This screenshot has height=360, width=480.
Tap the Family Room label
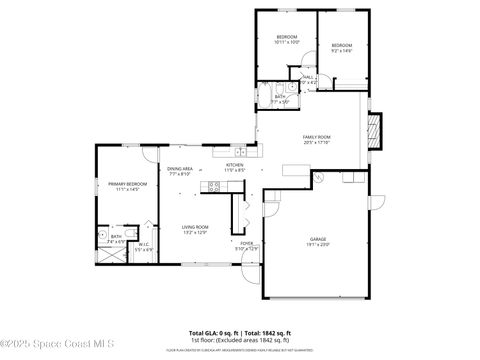pyautogui.click(x=317, y=139)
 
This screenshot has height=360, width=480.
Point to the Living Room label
pyautogui.click(x=194, y=229)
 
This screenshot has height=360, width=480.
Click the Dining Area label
pyautogui.click(x=180, y=171)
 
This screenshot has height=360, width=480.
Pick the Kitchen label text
pyautogui.click(x=235, y=167)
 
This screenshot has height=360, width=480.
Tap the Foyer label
pyautogui.click(x=245, y=245)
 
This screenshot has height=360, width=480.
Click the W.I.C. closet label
pyautogui.click(x=144, y=246)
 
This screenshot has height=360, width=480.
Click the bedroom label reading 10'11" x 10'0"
pyautogui.click(x=286, y=40)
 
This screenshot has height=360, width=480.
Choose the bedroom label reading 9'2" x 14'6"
pyautogui.click(x=342, y=47)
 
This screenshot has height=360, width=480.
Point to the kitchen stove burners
pyautogui.click(x=213, y=187)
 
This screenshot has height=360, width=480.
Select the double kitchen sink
pyautogui.click(x=222, y=152)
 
